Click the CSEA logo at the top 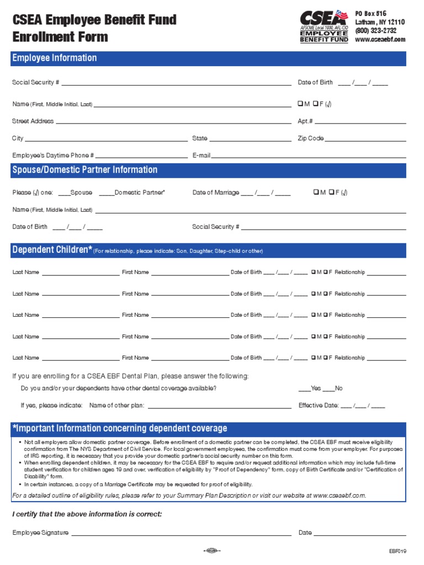click(324, 26)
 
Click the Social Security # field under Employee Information click(176, 83)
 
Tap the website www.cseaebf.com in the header click(380, 40)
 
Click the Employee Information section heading click(54, 58)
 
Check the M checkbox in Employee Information click(300, 104)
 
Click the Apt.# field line click(360, 121)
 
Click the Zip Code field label click(311, 138)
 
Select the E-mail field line click(309, 156)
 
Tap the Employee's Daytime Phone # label click(53, 156)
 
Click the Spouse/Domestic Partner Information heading click(84, 170)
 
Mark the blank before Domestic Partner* click(106, 193)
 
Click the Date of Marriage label click(216, 193)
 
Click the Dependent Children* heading click(52, 250)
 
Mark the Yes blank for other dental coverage click(304, 389)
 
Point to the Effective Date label click(318, 406)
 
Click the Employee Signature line click(181, 534)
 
